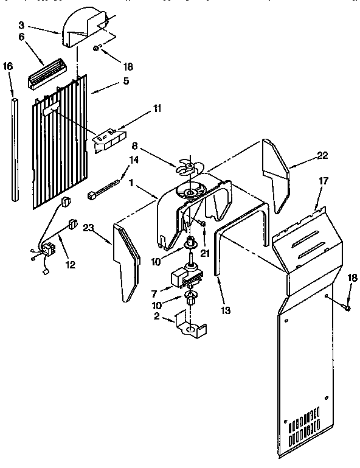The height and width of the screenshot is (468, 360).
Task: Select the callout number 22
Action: click(x=322, y=156)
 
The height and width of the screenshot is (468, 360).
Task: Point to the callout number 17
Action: click(x=322, y=181)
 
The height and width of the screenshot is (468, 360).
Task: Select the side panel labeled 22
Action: click(x=275, y=173)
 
